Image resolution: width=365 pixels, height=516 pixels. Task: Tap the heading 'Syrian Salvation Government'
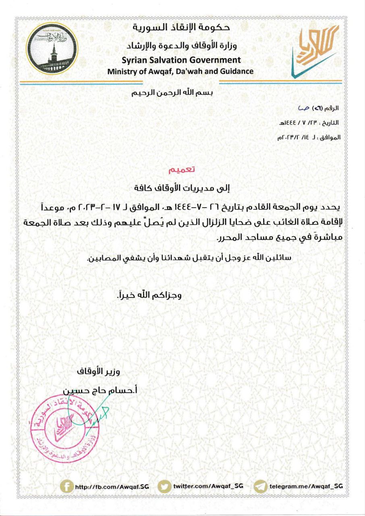(181, 60)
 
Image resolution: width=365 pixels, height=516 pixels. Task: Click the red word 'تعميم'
(182, 170)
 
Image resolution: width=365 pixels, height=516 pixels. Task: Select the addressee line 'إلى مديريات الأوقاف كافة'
(182, 187)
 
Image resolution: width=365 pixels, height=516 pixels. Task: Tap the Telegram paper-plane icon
(261, 487)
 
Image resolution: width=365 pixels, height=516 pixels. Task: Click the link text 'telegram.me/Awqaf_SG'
(307, 487)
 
